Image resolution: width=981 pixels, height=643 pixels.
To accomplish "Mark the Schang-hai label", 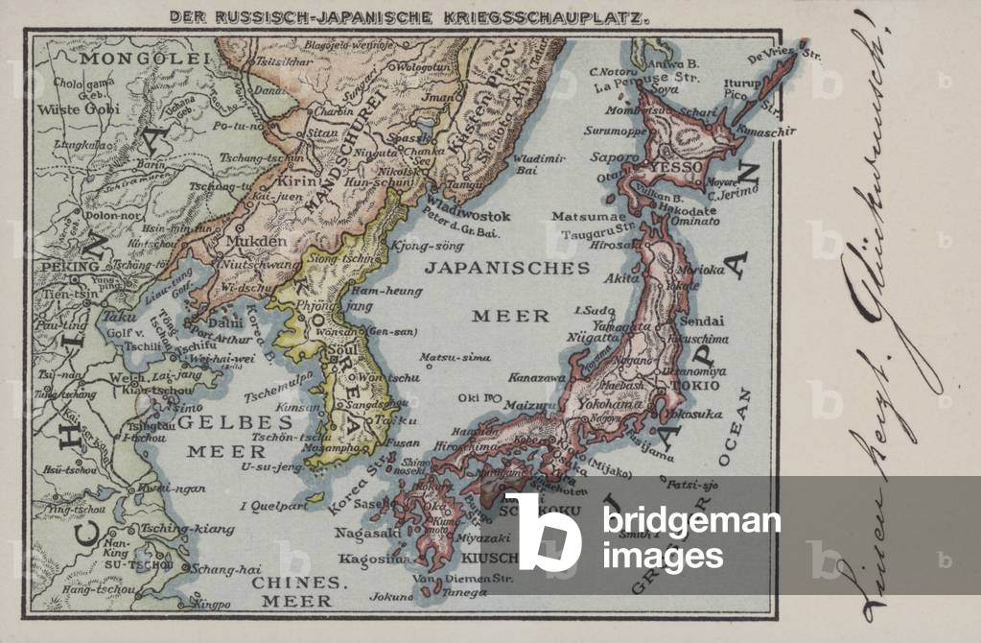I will pyautogui.click(x=220, y=568).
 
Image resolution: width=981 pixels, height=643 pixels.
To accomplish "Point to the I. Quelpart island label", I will pyautogui.click(x=266, y=504).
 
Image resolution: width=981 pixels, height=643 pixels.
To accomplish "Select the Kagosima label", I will pyautogui.click(x=376, y=559).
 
